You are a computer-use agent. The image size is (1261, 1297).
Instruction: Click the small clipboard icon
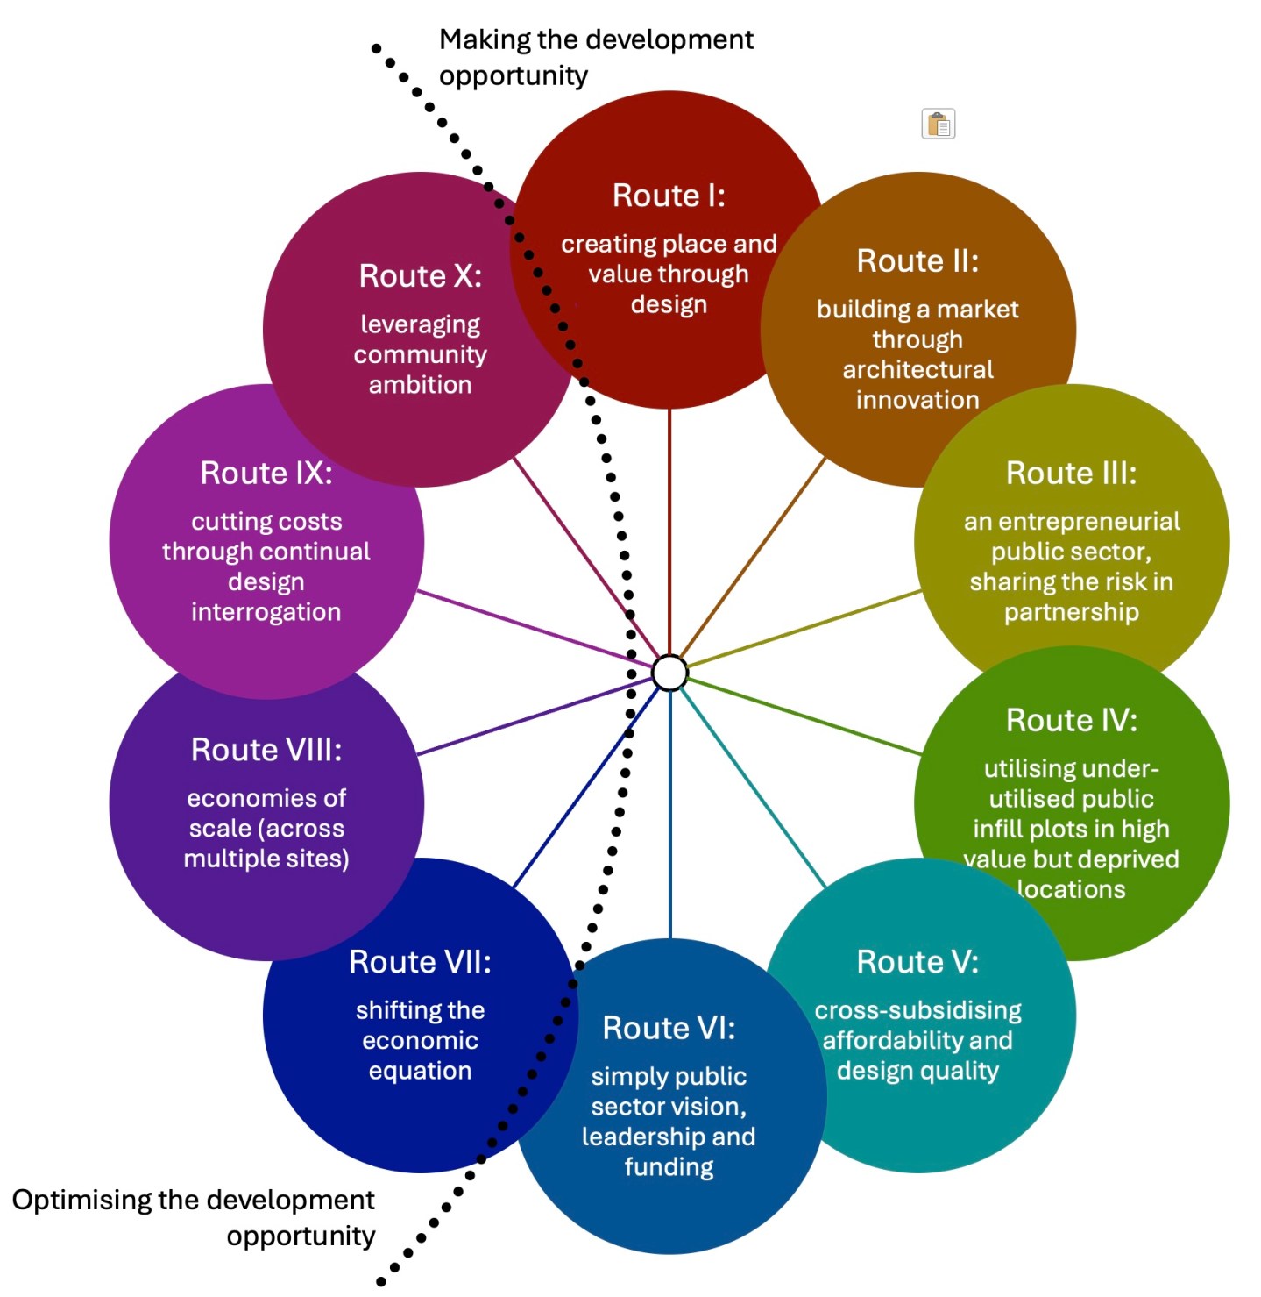(x=938, y=124)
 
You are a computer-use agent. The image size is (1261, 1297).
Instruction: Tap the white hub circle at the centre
(x=670, y=673)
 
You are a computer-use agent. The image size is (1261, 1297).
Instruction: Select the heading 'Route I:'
(x=669, y=196)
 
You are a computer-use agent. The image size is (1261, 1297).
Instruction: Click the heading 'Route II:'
(x=917, y=261)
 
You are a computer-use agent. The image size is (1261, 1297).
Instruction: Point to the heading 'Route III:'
(x=1071, y=474)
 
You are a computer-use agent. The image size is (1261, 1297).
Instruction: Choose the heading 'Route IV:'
(x=1071, y=721)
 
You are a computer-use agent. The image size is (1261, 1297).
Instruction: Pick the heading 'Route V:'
(x=917, y=962)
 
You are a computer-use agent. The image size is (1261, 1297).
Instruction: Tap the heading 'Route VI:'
(x=669, y=1028)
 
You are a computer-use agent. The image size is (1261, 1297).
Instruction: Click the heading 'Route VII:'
(x=420, y=962)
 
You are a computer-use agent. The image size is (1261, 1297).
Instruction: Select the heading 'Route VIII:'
(x=266, y=751)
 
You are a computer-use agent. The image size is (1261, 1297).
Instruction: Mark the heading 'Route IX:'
(x=266, y=474)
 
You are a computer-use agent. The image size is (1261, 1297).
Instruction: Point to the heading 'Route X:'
(x=420, y=276)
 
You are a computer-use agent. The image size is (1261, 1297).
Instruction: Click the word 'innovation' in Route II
(x=917, y=400)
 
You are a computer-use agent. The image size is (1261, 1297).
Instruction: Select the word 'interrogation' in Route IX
(x=266, y=612)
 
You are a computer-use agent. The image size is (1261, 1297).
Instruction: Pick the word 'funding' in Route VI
(x=669, y=1167)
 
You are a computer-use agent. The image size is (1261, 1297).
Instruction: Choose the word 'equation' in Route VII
(x=420, y=1071)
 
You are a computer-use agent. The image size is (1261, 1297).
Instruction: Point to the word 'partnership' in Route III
(x=1071, y=612)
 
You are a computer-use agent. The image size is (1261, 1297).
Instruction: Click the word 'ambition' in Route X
(x=420, y=385)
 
